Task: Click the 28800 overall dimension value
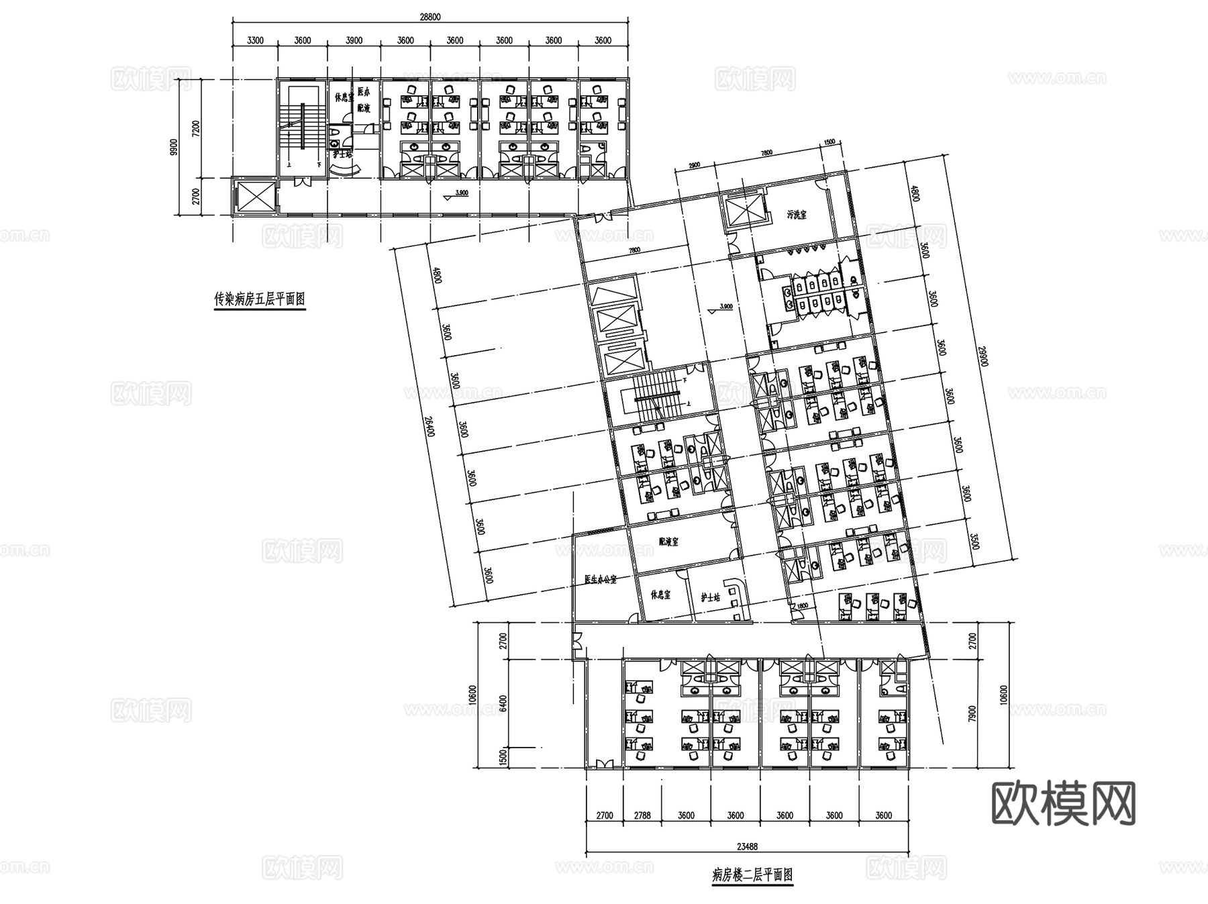[x=430, y=17]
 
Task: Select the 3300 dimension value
[x=255, y=40]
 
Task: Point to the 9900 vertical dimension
[x=175, y=147]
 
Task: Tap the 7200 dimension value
[x=196, y=128]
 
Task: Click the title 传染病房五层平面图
[x=259, y=299]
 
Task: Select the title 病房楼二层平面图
[x=752, y=875]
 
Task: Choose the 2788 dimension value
[x=642, y=816]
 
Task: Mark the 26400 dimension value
[x=429, y=424]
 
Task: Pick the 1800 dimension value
[x=801, y=607]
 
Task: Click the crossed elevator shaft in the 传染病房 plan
[x=254, y=196]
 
